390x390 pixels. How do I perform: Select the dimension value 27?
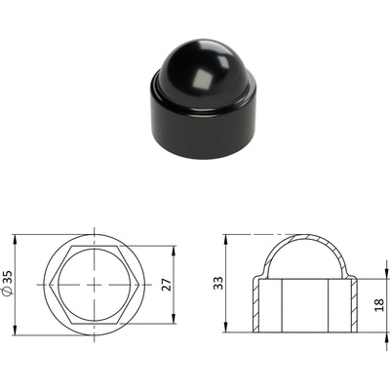coord(166,285)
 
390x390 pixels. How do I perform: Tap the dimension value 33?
coord(218,283)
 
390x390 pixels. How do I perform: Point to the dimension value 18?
coord(379,305)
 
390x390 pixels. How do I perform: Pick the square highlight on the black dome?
coord(202,80)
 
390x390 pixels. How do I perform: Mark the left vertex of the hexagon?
coord(50,285)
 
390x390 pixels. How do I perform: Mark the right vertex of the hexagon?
coord(139,285)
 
